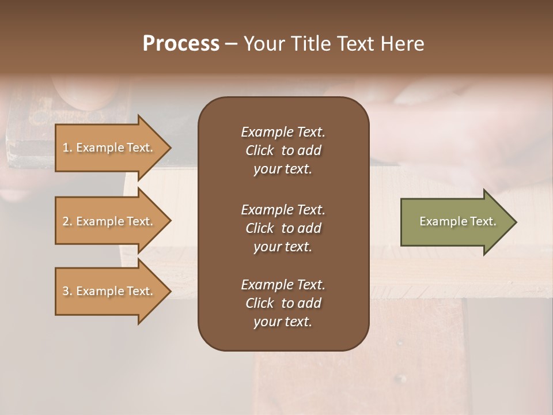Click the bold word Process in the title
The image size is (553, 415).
tap(181, 43)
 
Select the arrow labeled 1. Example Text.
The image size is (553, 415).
tap(109, 148)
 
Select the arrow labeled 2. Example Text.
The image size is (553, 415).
tap(109, 221)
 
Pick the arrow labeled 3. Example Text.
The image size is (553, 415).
tap(109, 291)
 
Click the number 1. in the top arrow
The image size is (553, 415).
tap(67, 148)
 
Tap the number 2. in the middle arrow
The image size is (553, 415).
tap(67, 221)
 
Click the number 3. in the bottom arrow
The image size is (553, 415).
tap(67, 291)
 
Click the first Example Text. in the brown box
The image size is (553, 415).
tap(283, 132)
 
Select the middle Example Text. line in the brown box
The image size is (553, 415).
tap(283, 209)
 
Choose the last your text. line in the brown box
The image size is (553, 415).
tap(283, 322)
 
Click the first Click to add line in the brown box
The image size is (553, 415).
tap(283, 150)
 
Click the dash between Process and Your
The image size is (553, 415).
tap(231, 44)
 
